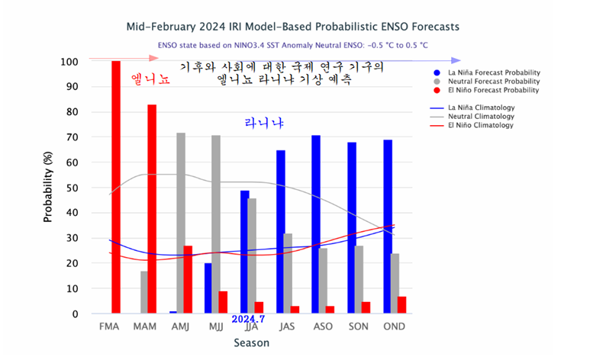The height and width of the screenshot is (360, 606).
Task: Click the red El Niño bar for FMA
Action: [x=116, y=187]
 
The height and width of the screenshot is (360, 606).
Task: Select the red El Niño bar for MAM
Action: [x=152, y=209]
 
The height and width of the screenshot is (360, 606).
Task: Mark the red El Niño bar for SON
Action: [x=366, y=307]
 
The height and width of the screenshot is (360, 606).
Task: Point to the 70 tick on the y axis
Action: [x=74, y=137]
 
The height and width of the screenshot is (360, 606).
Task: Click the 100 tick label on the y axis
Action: [x=71, y=62]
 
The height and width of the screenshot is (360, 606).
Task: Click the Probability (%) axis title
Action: [x=48, y=187]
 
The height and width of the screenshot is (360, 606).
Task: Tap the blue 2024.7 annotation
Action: [x=248, y=319]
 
